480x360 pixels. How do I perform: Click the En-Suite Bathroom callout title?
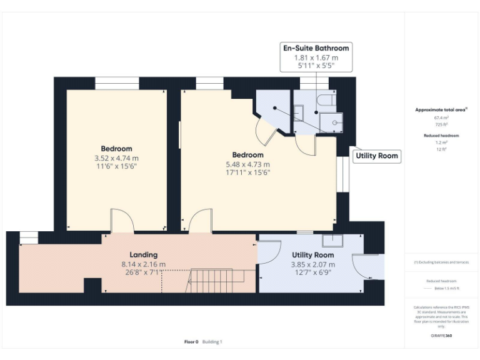[316, 48]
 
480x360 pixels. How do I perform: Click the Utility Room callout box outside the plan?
[377, 156]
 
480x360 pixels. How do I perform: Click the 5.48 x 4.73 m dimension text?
[247, 164]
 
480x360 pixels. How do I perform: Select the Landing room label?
[143, 255]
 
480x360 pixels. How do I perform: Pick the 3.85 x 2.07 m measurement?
[312, 264]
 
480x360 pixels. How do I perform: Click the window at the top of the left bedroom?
[117, 83]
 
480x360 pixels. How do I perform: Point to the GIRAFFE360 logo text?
[441, 336]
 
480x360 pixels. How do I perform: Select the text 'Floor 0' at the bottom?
[191, 342]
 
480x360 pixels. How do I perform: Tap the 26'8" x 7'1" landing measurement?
[143, 272]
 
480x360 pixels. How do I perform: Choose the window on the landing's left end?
[29, 237]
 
